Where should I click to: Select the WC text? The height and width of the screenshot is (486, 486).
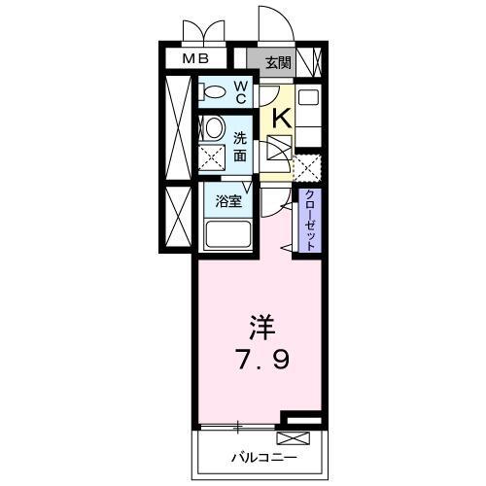[241, 92]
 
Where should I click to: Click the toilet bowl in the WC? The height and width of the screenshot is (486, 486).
[211, 92]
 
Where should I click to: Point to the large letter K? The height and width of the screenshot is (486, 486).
[280, 119]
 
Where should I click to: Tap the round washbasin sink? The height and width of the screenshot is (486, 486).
[214, 127]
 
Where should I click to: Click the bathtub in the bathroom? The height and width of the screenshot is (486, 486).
[228, 234]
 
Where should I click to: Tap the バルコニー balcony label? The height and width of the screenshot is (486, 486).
[262, 455]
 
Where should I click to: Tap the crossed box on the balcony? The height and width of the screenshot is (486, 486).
[296, 436]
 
